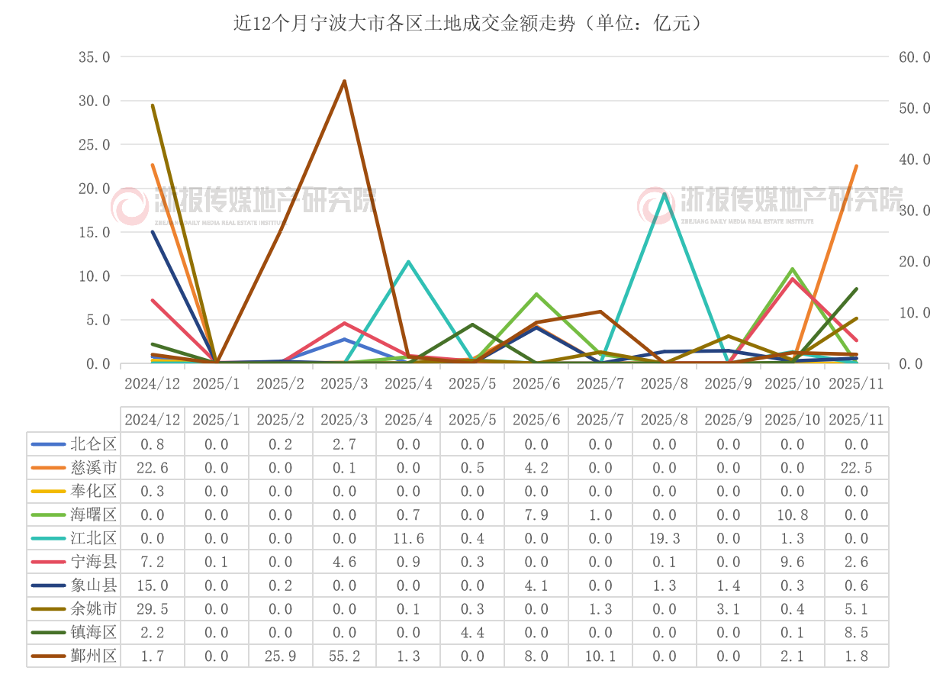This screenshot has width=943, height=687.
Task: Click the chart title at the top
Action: point(468,24)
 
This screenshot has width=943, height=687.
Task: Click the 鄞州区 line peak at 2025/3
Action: point(345,81)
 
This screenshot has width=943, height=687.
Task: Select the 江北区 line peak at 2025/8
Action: point(665,194)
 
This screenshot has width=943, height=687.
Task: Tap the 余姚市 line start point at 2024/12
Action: point(153,105)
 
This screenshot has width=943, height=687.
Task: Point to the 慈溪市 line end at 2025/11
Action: point(856,166)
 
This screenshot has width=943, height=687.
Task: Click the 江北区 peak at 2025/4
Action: point(408,262)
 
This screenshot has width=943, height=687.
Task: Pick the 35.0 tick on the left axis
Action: point(95,57)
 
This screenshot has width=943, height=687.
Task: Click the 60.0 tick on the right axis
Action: point(914,57)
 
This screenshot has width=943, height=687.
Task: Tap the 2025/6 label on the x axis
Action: point(536,384)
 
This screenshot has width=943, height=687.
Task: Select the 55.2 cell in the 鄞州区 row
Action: point(344,656)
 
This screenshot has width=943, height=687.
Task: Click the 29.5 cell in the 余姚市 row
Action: point(152,608)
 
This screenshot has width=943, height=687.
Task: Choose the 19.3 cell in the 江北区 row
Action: point(665,538)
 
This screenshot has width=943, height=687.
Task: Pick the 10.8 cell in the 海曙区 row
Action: point(793,514)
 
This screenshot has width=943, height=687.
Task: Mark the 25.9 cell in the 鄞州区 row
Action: point(280,656)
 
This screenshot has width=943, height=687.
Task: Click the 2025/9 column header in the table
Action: point(729,419)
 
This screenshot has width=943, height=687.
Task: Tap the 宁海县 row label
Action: point(94,562)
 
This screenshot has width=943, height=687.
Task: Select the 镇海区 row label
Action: point(94,632)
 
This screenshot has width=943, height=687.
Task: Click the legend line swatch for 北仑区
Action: point(47,443)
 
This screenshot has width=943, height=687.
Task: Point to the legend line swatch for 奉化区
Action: point(47,491)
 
